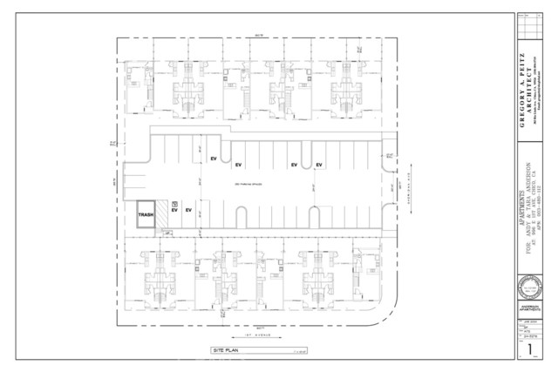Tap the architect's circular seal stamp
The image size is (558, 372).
(x=530, y=287)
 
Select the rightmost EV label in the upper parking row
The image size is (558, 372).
(x=319, y=165)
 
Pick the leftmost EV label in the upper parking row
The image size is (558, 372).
(x=213, y=158)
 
